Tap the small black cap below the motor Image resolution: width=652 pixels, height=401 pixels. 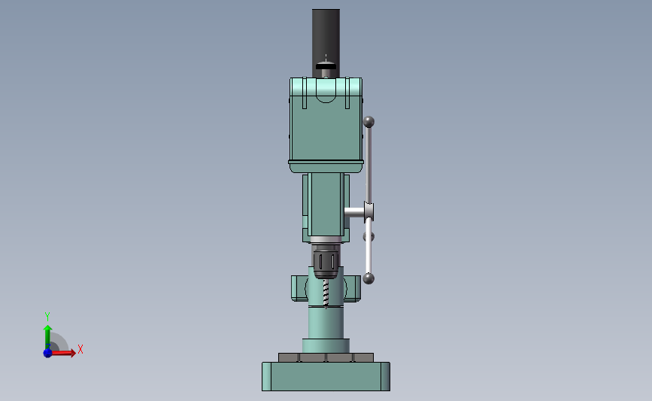326,66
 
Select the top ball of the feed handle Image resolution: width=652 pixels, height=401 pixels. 368,122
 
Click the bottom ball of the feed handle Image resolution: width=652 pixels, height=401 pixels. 368,278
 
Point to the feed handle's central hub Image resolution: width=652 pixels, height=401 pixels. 368,211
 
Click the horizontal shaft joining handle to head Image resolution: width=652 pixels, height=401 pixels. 354,212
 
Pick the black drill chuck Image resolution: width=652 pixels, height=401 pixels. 326,262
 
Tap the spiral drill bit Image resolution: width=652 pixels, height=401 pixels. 326,293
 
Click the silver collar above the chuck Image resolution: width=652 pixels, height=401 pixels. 326,240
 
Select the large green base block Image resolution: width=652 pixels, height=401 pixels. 326,376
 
